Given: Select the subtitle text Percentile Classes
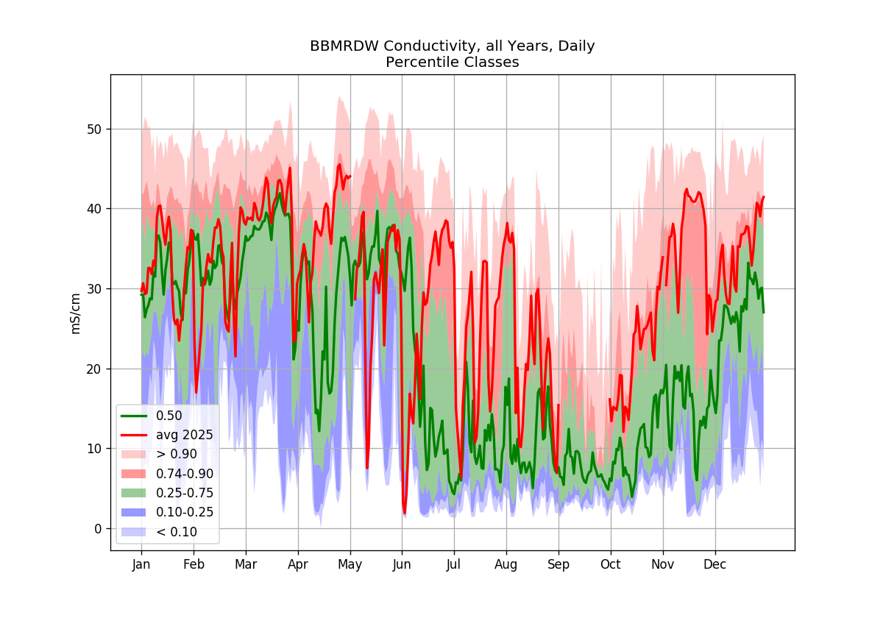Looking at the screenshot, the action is (x=452, y=63).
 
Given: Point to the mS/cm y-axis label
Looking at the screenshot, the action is (x=75, y=313).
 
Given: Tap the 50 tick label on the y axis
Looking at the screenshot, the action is (x=94, y=129).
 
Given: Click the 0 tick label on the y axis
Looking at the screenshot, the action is (x=98, y=529).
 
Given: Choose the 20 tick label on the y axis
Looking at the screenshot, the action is (x=94, y=369).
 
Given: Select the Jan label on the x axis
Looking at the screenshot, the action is (x=141, y=565).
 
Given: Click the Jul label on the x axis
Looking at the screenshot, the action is (x=454, y=565).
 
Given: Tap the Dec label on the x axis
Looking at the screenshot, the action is (x=715, y=564).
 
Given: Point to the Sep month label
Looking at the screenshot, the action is (x=558, y=565).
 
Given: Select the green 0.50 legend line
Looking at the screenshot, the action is (x=134, y=416).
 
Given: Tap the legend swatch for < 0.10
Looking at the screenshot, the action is (x=134, y=532).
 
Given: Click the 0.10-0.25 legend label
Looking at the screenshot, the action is (x=185, y=512).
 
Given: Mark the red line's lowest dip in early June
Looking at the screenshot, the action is (x=405, y=514).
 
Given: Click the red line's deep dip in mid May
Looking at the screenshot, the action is (x=367, y=467).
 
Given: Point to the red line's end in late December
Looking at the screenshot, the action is (x=764, y=196).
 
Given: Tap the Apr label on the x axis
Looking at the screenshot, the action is (x=297, y=565).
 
